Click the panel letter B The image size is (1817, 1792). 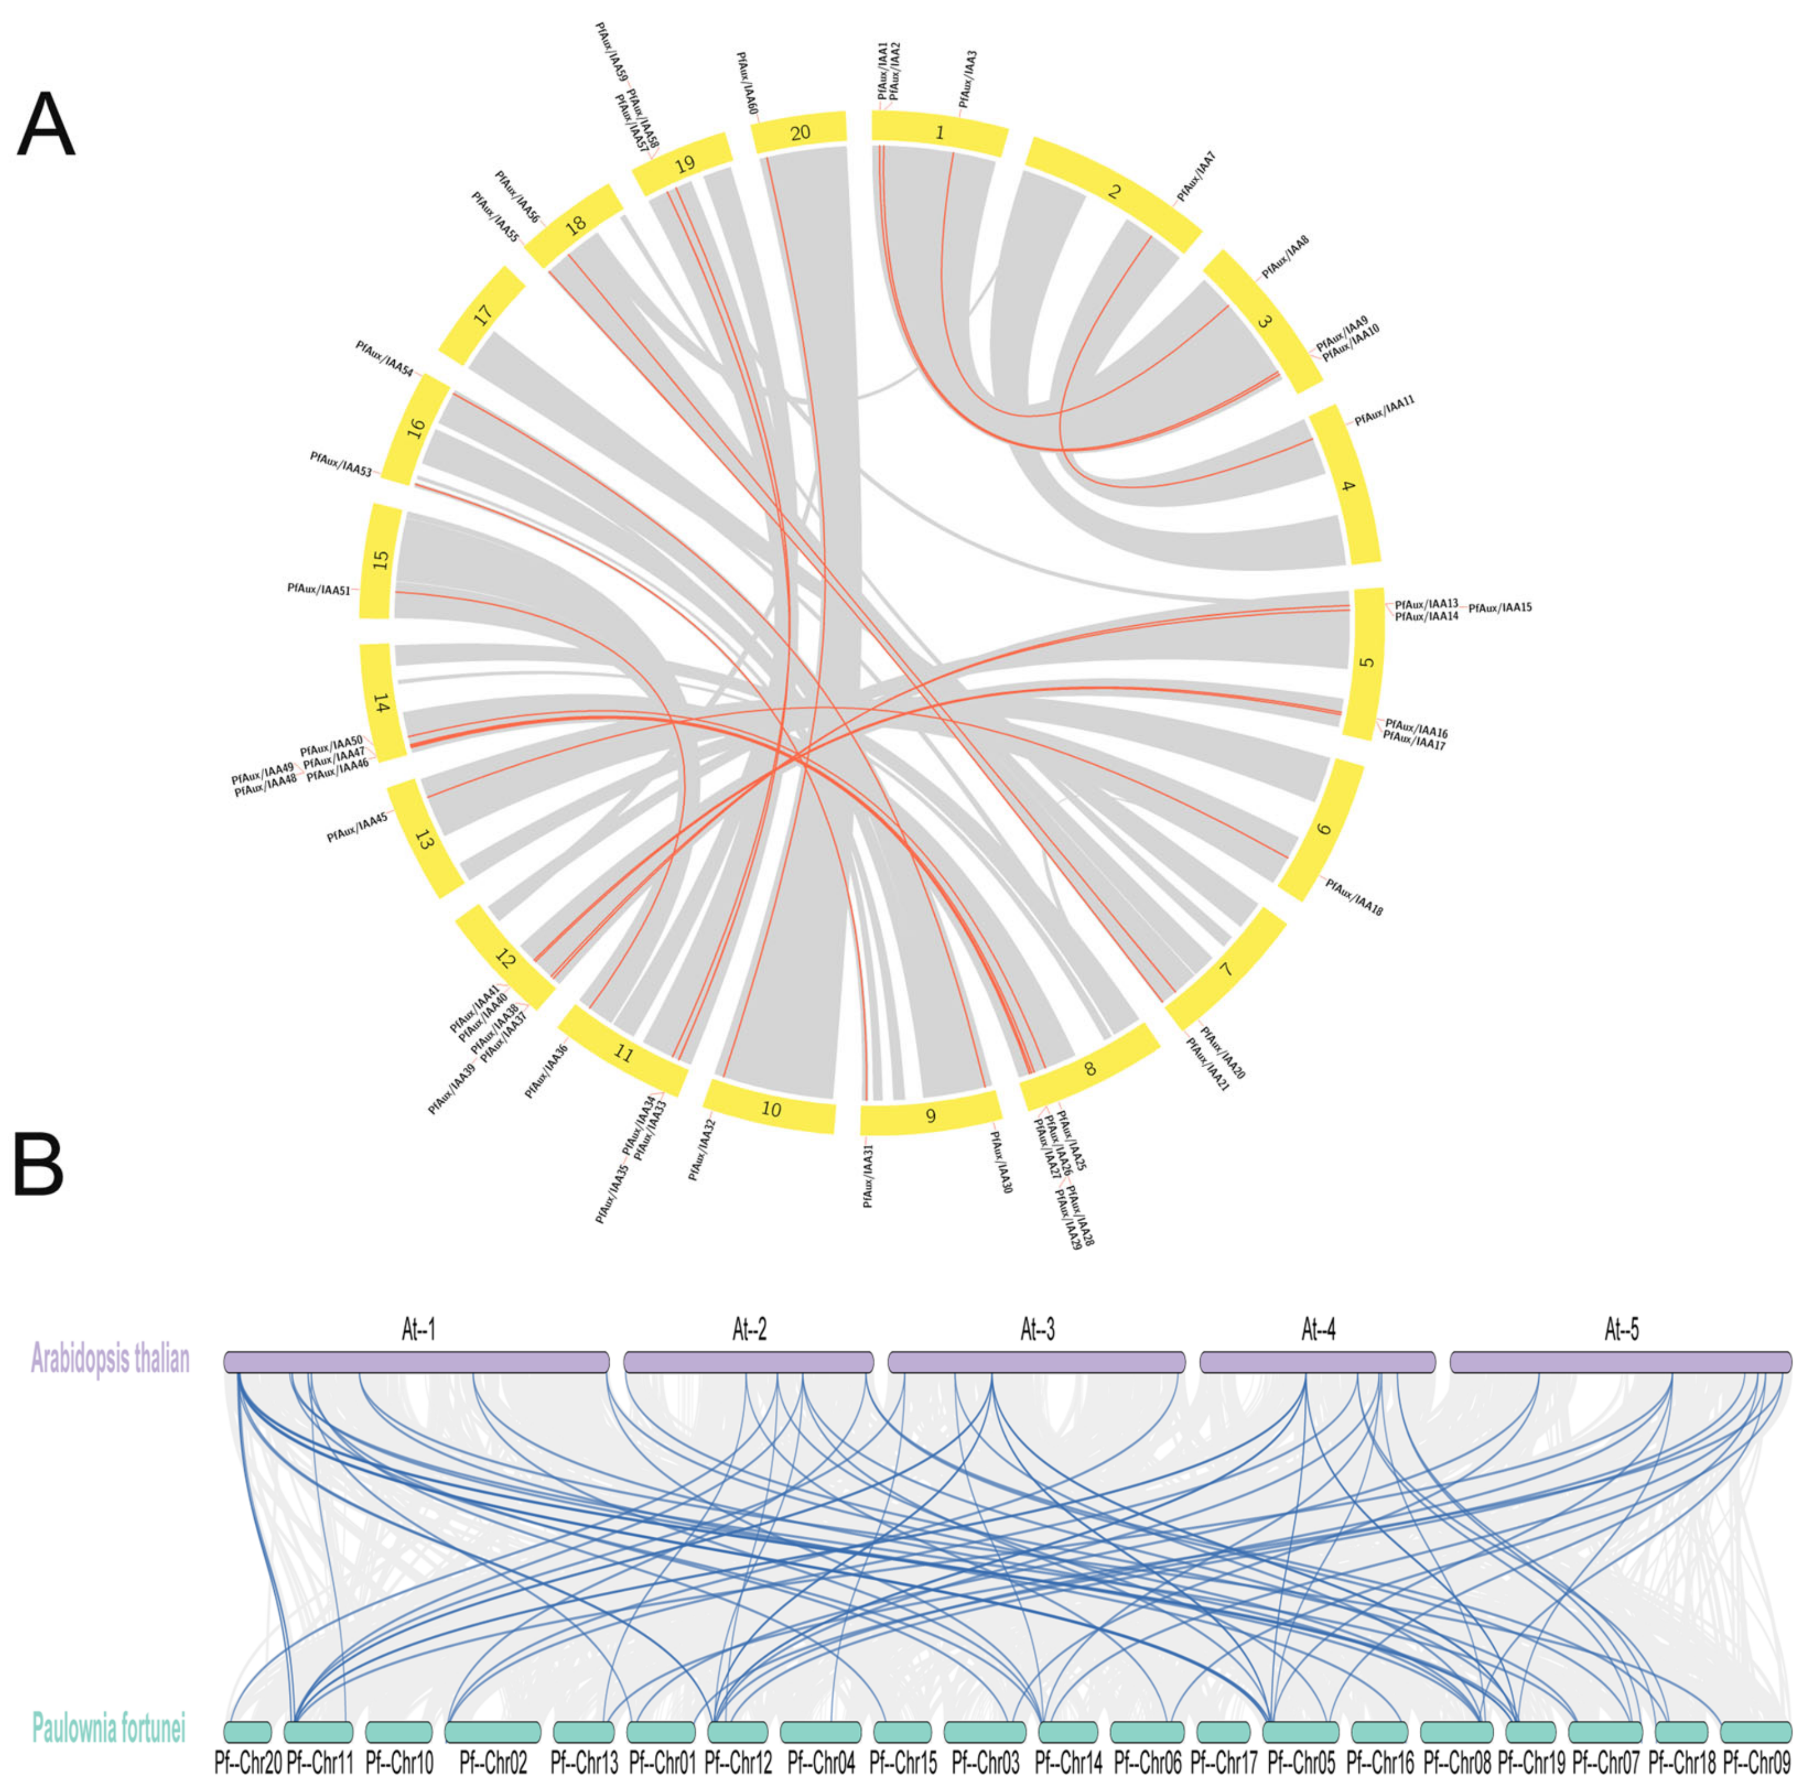39,1165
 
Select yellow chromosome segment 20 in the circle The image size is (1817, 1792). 800,132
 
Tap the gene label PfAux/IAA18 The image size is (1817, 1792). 1354,897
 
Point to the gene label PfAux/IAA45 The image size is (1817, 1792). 357,827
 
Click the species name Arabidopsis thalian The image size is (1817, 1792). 110,1359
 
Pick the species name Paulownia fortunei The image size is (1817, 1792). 109,1729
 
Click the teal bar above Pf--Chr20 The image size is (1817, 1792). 247,1732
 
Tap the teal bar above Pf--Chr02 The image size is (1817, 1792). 492,1732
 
